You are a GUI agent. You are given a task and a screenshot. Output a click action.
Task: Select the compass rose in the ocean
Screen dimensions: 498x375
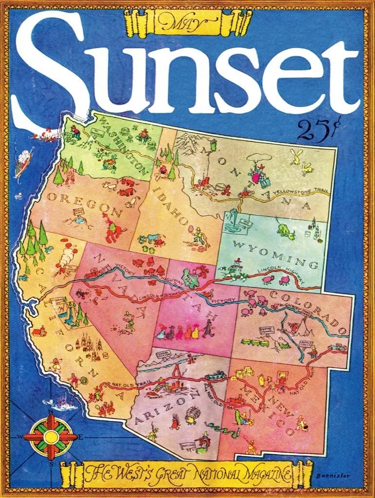pyautogui.click(x=50, y=436)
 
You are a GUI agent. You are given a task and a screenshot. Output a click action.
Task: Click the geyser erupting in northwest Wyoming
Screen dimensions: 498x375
pyautogui.click(x=232, y=219)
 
